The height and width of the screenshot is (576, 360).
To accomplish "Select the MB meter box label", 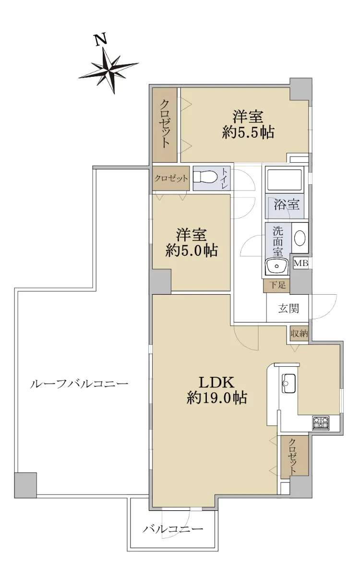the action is tap(301, 263).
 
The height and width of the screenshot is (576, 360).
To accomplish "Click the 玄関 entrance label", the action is tap(288, 308).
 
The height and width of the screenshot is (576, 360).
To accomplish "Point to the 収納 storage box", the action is tap(300, 334).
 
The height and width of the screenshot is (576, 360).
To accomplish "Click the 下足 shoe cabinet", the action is tap(276, 286).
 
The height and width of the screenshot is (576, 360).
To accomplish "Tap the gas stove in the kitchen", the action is tap(321, 423).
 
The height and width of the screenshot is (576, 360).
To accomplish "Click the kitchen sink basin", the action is tap(289, 383).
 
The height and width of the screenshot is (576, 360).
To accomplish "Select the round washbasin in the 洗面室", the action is tap(300, 238).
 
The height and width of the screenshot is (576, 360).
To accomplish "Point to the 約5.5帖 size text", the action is tap(248, 132).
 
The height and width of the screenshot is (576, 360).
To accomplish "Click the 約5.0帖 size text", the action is tap(192, 250).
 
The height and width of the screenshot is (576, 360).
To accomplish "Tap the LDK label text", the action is tap(217, 382).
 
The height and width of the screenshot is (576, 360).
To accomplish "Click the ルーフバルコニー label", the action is tap(79, 384).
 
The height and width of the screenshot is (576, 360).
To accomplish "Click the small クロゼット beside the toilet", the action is tap(171, 178).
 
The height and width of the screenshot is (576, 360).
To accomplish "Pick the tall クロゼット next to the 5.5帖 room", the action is tap(165, 125).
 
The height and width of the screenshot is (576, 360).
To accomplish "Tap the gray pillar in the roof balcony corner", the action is tap(25, 485).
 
